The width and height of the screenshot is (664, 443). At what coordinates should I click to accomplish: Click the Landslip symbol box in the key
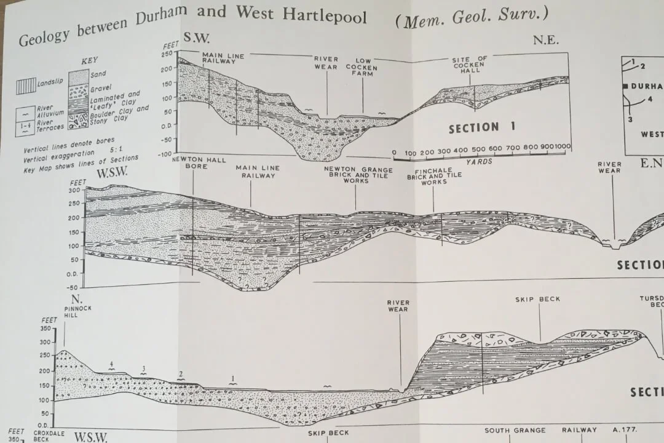[26, 86]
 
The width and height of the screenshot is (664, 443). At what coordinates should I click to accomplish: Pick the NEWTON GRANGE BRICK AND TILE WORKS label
[354, 175]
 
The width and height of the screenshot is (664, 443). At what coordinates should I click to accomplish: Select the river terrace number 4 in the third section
[111, 364]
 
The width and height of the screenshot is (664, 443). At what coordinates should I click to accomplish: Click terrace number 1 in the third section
[233, 378]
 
